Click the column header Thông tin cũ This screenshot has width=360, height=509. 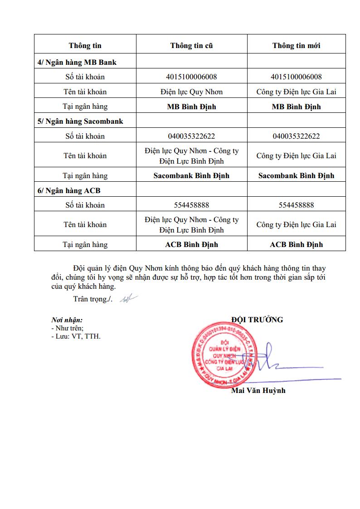click(x=191, y=46)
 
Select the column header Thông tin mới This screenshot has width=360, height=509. click(x=296, y=46)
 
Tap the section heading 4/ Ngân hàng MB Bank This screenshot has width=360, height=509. click(x=77, y=62)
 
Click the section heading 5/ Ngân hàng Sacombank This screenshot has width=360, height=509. click(x=80, y=121)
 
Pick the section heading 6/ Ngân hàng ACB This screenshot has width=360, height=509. click(x=69, y=191)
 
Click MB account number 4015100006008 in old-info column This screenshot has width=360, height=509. click(x=191, y=77)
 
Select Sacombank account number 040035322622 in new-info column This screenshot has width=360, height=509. click(x=296, y=136)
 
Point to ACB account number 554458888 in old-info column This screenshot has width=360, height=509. click(x=191, y=205)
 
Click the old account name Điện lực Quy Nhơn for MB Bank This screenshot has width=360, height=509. click(x=191, y=92)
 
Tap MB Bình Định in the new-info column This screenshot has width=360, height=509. click(x=296, y=107)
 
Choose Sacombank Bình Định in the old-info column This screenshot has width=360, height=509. click(x=191, y=175)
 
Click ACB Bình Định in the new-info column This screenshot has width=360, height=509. click(x=296, y=244)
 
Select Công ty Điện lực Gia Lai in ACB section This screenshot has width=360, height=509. click(x=296, y=224)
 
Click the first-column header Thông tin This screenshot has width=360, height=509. click(x=85, y=46)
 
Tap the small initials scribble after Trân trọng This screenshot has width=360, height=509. click(x=129, y=299)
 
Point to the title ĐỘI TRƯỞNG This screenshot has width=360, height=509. click(x=257, y=320)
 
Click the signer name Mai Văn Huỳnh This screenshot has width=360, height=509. click(x=258, y=390)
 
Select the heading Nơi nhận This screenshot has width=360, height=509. click(x=67, y=320)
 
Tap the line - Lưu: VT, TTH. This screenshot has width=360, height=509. click(x=76, y=336)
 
